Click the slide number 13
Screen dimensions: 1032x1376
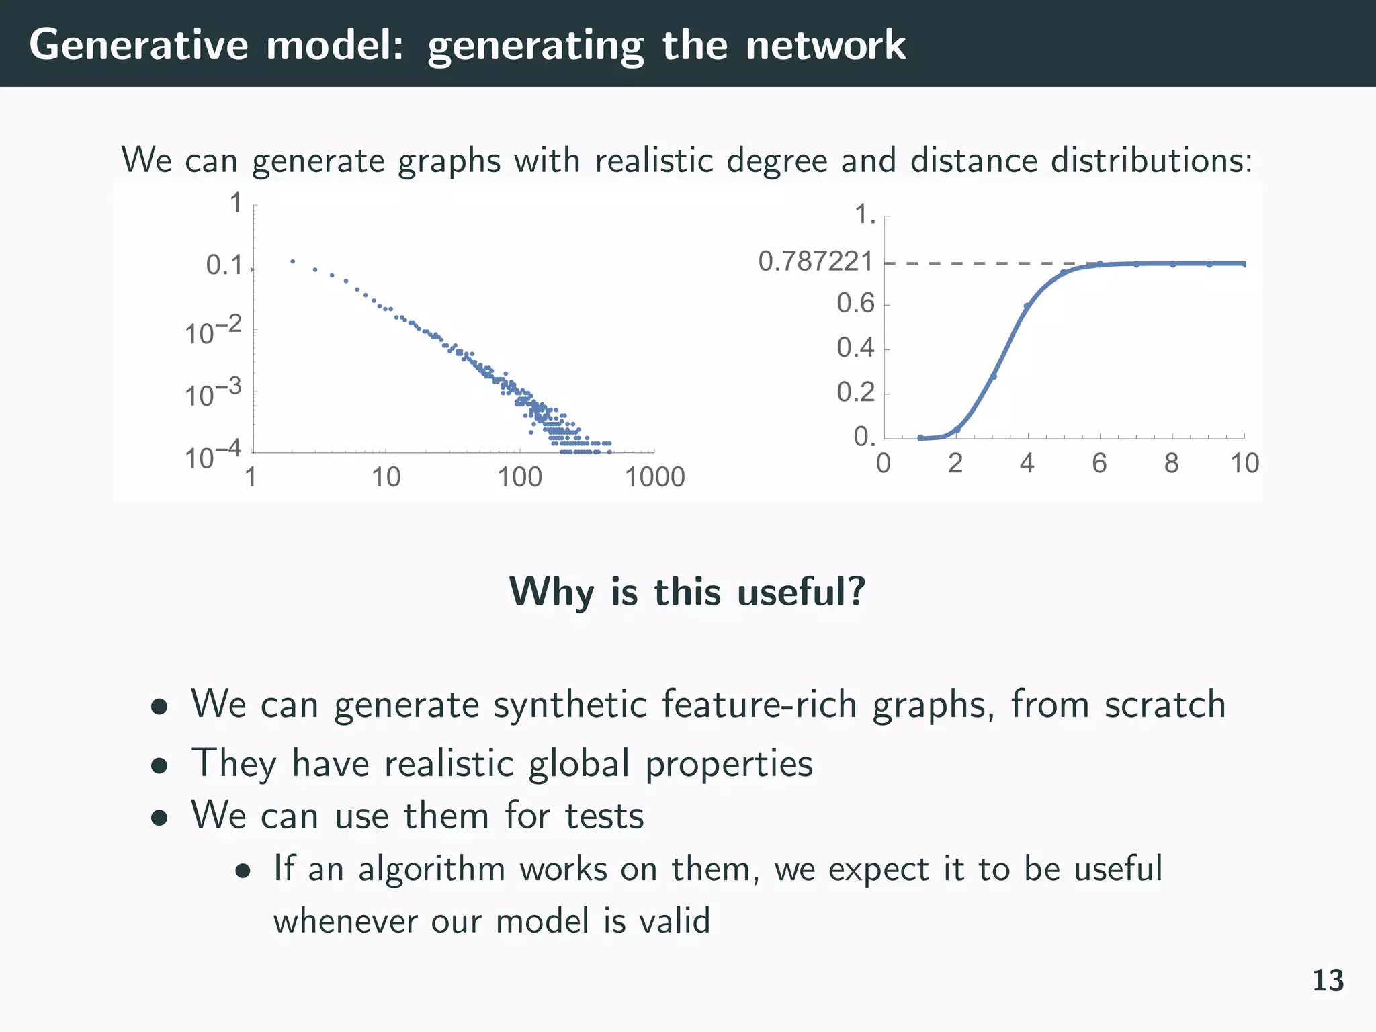[x=1328, y=980]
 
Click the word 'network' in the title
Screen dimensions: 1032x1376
[x=825, y=45]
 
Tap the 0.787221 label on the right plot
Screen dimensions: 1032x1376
[x=816, y=261]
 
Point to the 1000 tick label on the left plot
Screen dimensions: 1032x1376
[x=654, y=477]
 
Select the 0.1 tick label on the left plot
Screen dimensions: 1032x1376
[x=224, y=265]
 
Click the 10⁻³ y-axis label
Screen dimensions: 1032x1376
[x=212, y=394]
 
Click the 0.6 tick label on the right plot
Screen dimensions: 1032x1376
[x=855, y=304]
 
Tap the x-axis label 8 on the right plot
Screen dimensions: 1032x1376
[x=1171, y=463]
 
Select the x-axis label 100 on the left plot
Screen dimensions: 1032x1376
[x=519, y=477]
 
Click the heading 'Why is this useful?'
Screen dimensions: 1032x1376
[x=687, y=592]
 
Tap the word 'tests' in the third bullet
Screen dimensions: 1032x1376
[x=604, y=816]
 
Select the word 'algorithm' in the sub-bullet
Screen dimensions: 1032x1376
[x=431, y=868]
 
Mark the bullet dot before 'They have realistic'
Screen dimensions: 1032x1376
[x=159, y=765]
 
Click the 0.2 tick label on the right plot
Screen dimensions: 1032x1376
[x=855, y=392]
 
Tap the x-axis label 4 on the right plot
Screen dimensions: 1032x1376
[x=1027, y=463]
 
